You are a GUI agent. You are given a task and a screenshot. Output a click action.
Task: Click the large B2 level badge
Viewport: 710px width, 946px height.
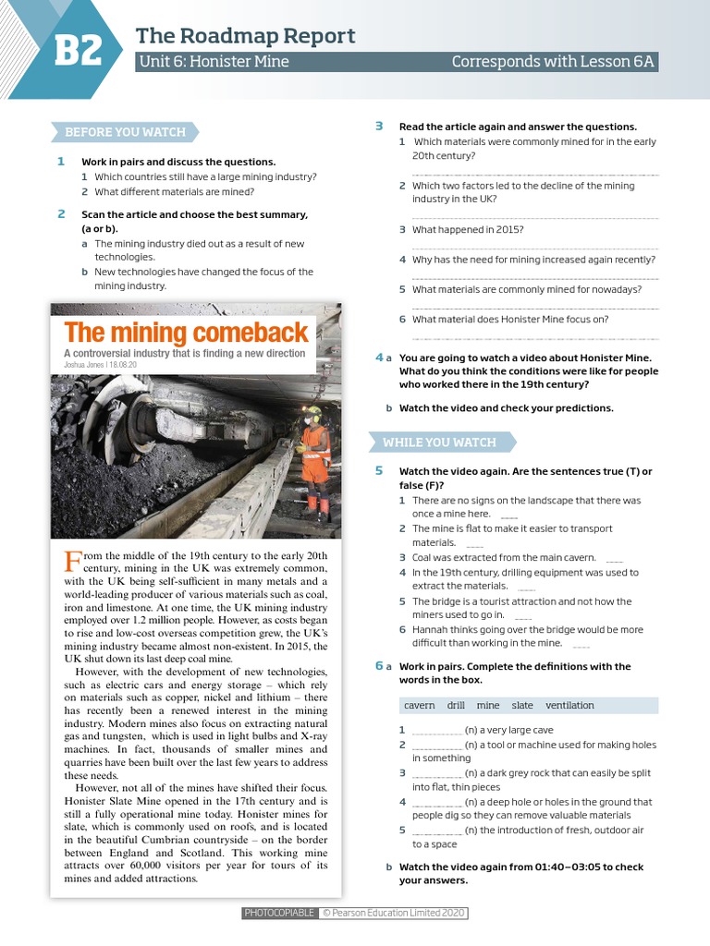click(78, 52)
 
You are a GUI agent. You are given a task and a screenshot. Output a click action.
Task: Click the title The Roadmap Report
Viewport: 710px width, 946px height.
click(245, 36)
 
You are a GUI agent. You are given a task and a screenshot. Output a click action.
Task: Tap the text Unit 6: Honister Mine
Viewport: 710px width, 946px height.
click(214, 62)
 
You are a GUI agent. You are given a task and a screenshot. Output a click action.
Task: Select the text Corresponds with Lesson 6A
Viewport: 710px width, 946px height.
click(552, 62)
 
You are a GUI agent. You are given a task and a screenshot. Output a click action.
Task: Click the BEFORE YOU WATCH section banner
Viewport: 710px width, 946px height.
click(125, 132)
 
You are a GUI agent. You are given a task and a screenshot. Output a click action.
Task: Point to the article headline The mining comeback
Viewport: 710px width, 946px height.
click(186, 333)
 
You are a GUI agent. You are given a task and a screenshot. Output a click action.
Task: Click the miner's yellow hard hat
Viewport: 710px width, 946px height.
click(314, 410)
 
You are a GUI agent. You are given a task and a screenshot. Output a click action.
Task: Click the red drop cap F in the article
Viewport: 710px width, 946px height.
click(72, 562)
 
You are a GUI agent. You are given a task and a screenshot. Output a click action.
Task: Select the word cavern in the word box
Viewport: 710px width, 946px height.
click(419, 705)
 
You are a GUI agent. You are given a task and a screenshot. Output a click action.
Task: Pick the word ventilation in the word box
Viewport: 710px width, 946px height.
click(569, 705)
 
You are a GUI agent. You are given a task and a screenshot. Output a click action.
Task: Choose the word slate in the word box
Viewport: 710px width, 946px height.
click(522, 705)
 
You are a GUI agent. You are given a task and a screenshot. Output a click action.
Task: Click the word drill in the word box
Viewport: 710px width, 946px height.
click(456, 705)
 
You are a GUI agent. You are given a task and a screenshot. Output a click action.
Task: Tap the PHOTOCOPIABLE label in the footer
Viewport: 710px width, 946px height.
click(279, 913)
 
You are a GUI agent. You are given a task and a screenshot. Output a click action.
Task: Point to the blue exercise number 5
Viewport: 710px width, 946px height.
click(379, 471)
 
